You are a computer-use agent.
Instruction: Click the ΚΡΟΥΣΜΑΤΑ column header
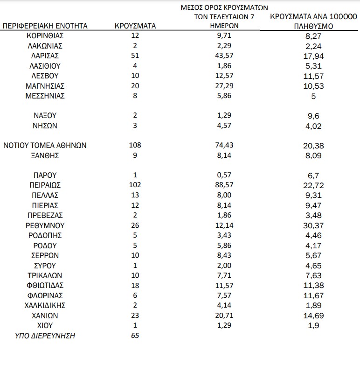click(135, 26)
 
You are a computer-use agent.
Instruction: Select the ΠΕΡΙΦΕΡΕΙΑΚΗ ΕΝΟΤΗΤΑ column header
click(45, 26)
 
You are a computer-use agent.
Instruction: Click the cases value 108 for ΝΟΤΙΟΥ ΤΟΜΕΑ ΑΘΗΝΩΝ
click(135, 146)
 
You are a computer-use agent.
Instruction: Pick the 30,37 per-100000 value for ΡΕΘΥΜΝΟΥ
click(313, 225)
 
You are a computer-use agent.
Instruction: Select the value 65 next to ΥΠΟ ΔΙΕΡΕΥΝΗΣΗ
click(135, 336)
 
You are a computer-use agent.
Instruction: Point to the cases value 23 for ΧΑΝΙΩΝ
click(135, 316)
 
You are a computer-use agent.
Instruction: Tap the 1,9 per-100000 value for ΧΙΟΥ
click(313, 326)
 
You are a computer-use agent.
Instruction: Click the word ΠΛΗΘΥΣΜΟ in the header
click(313, 27)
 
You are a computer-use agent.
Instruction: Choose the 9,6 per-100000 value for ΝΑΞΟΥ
click(313, 116)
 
